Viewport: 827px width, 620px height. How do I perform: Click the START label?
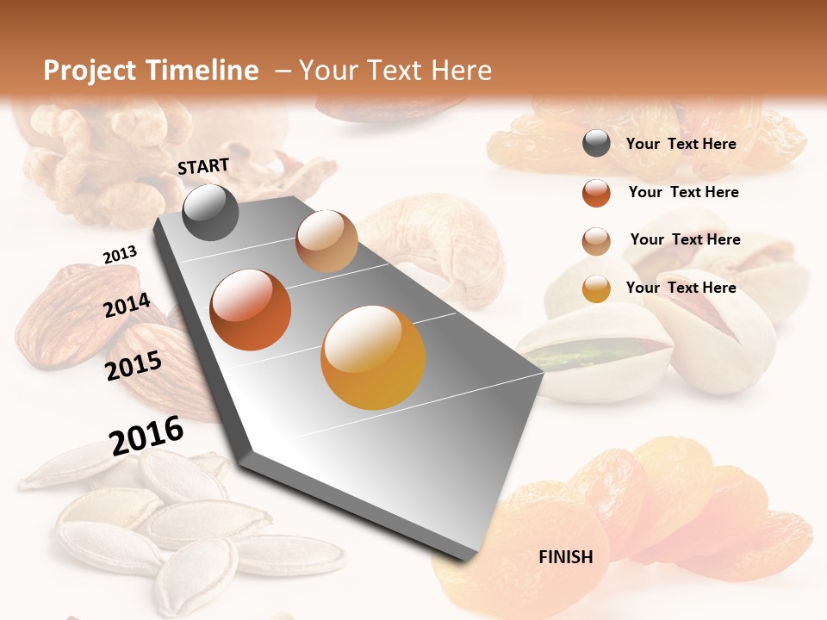click(x=203, y=166)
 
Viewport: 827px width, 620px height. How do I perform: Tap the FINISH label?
click(x=565, y=557)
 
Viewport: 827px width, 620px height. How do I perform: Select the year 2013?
click(x=120, y=255)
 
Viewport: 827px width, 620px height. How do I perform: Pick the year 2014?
click(x=127, y=306)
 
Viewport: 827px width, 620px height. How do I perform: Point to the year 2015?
click(x=134, y=365)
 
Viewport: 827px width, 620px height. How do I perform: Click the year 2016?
click(x=146, y=435)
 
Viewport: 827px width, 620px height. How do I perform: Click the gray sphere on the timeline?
click(x=210, y=212)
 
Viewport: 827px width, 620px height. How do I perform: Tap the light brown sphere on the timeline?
click(x=326, y=241)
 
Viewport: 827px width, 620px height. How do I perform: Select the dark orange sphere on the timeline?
click(x=251, y=310)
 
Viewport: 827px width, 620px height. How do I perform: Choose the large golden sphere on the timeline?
click(x=373, y=357)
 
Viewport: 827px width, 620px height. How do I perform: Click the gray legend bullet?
click(x=596, y=144)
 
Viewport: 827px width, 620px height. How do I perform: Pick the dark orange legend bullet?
click(x=596, y=193)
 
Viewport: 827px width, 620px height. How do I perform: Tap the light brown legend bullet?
click(x=596, y=241)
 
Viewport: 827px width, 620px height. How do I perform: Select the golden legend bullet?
click(x=596, y=288)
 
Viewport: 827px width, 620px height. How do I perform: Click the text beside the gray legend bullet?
click(x=681, y=145)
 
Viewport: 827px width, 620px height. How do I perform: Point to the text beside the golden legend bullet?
click(x=681, y=288)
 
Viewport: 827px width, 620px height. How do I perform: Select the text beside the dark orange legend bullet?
click(x=683, y=192)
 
